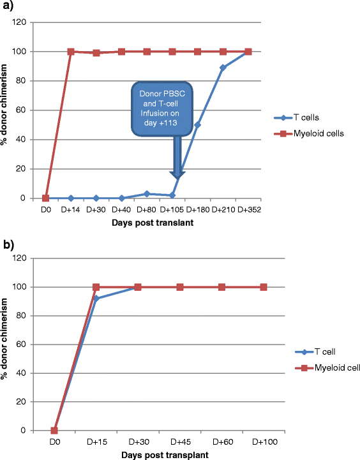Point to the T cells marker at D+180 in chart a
197,125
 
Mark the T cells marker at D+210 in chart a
223,68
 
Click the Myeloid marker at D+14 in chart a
71,52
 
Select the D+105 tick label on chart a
172,209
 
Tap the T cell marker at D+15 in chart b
96,299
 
